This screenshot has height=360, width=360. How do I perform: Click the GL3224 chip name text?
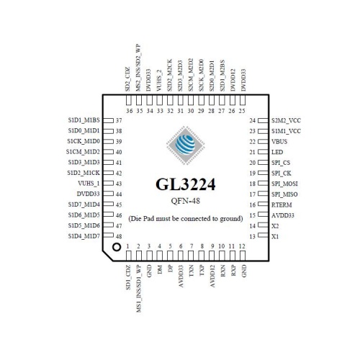click(186, 184)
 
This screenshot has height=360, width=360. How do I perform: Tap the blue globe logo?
click(185, 145)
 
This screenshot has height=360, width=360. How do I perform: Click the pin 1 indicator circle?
click(117, 247)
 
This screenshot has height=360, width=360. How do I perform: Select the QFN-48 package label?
click(185, 201)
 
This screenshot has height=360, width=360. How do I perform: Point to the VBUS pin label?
click(279, 141)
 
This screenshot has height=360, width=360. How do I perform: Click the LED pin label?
click(277, 152)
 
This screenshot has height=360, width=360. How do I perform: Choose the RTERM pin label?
click(282, 204)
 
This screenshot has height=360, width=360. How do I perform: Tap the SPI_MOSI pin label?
click(284, 184)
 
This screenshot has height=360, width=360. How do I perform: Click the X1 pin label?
click(275, 236)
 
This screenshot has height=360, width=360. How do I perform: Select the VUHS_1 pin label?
click(89, 184)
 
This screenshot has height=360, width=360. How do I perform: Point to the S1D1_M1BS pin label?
click(84, 120)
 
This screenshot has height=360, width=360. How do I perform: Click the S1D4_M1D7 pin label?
click(84, 236)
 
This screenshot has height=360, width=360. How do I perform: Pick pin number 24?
click(253, 120)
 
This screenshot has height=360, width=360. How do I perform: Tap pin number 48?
click(119, 236)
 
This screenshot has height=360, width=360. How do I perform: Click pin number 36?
click(130, 111)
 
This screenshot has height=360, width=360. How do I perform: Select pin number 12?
click(242, 246)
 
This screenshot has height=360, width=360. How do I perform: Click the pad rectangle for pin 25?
click(243, 100)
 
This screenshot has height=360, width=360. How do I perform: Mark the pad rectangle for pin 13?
click(263, 235)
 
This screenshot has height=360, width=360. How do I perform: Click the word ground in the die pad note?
click(230, 219)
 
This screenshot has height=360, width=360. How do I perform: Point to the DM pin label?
click(160, 269)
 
